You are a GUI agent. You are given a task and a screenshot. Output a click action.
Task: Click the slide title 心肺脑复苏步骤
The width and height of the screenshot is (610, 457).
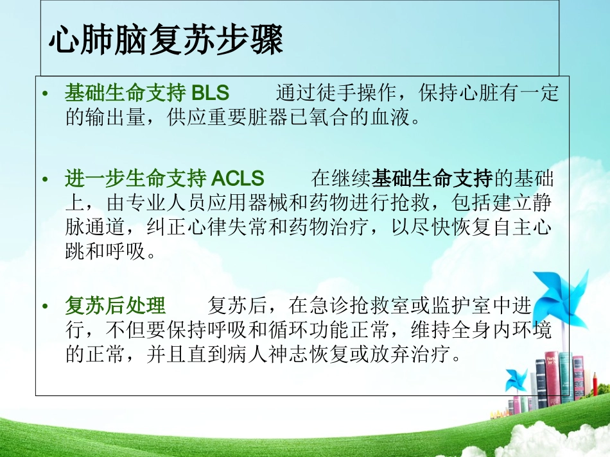click(x=166, y=41)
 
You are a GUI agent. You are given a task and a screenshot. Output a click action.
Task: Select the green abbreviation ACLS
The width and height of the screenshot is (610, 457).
click(x=238, y=178)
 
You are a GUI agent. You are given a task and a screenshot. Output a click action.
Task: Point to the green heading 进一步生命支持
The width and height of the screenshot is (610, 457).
click(x=135, y=178)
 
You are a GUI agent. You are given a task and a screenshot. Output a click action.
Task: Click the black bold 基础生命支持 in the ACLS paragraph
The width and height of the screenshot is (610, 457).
click(x=433, y=178)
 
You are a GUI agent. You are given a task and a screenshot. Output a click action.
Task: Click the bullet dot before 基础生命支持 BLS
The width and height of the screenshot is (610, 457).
click(x=45, y=95)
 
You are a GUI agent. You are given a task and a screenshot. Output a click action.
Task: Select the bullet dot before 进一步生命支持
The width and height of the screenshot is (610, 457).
click(x=45, y=179)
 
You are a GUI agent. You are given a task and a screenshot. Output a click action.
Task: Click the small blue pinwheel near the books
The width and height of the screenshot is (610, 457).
click(x=515, y=379)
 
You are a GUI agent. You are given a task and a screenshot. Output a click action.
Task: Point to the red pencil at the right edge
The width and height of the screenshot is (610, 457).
click(x=595, y=385)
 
